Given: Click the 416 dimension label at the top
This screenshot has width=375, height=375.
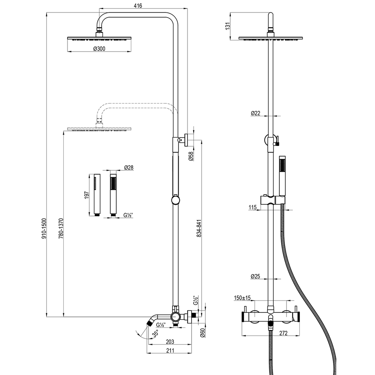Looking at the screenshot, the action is tap(138, 6).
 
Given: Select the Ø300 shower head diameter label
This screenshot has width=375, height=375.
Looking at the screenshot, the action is tap(99, 49).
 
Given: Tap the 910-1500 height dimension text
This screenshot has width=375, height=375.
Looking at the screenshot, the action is tap(44, 228).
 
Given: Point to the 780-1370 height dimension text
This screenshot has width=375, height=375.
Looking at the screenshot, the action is tap(61, 228).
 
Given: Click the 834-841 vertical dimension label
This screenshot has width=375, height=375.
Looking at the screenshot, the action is tap(199, 228).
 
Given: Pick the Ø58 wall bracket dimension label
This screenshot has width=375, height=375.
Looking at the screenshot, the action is tap(191, 156).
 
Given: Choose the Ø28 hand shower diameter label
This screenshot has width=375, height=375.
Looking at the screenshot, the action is tap(129, 168).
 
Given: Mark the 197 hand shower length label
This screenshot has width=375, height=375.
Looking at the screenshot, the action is tap(87, 195).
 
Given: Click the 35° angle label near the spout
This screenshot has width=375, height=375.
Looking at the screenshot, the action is tap(156, 333).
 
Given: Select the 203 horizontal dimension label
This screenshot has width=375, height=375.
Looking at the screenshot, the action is tap(170, 342).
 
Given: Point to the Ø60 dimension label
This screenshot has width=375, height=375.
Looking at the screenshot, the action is tap(202, 333).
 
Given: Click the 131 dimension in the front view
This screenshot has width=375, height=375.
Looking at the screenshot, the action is tap(228, 26).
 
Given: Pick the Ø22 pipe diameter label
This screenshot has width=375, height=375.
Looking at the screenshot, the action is tap(255, 113).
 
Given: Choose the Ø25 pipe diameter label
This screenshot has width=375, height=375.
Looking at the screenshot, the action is tap(255, 276).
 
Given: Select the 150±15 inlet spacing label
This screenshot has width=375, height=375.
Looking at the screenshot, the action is tap(242, 298).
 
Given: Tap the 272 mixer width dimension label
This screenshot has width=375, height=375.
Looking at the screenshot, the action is tap(283, 333).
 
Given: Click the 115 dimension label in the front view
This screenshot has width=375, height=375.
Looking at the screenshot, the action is tap(252, 207).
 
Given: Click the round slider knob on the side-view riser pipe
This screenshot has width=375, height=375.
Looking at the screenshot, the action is tap(175, 200).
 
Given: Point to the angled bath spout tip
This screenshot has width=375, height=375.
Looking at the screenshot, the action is tap(150, 323).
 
